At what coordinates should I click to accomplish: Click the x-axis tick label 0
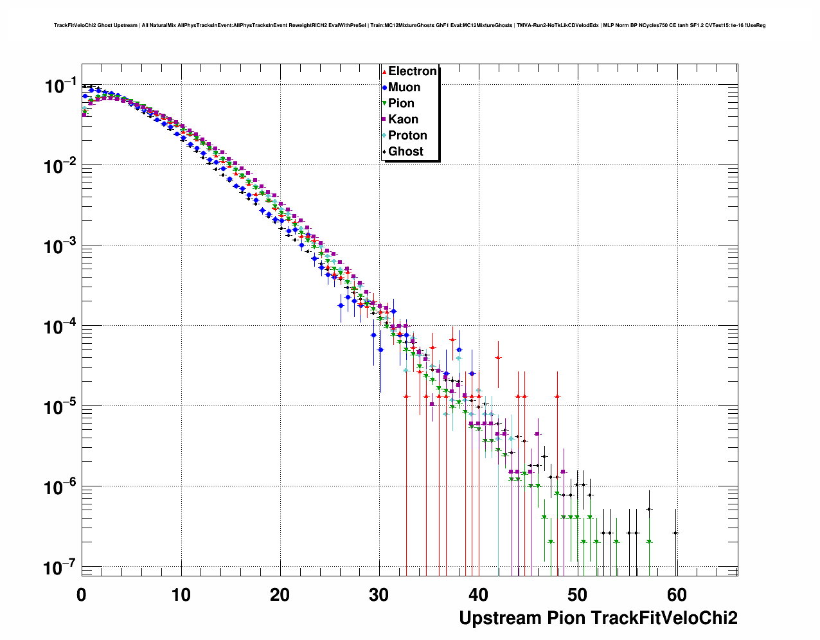tap(82, 595)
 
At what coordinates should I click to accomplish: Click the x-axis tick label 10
tap(181, 595)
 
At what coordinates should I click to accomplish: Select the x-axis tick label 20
tap(280, 595)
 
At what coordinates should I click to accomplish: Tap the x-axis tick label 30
tap(379, 595)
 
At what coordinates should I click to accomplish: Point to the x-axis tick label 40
tap(479, 595)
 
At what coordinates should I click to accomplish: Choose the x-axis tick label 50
tap(578, 595)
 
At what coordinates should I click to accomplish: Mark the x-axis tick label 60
tap(677, 595)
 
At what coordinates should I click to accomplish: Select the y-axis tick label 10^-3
tap(60, 246)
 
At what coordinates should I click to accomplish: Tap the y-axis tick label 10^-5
tap(60, 407)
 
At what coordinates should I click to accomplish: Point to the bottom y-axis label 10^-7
tap(60, 567)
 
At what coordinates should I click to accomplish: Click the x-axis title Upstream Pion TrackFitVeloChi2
tap(598, 618)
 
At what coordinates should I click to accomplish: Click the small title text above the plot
tap(409, 26)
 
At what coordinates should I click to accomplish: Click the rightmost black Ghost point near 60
tap(675, 533)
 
